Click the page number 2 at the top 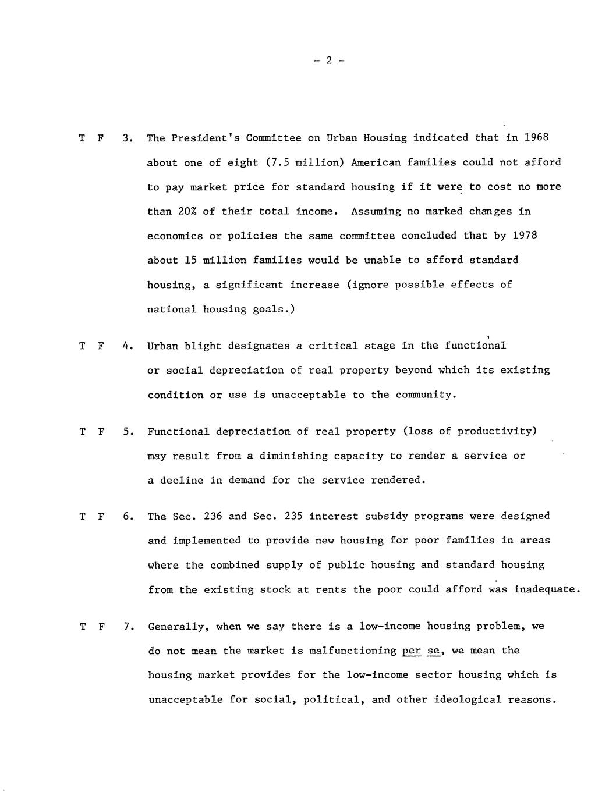tap(328, 60)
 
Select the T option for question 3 tap(82, 138)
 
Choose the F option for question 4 tap(101, 346)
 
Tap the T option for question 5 tap(82, 432)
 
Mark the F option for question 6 tap(101, 517)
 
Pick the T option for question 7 tap(82, 627)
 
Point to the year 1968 tap(536, 137)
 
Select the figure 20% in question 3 tap(183, 211)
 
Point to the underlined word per tap(411, 651)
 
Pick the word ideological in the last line tap(468, 700)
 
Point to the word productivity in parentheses tap(494, 431)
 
